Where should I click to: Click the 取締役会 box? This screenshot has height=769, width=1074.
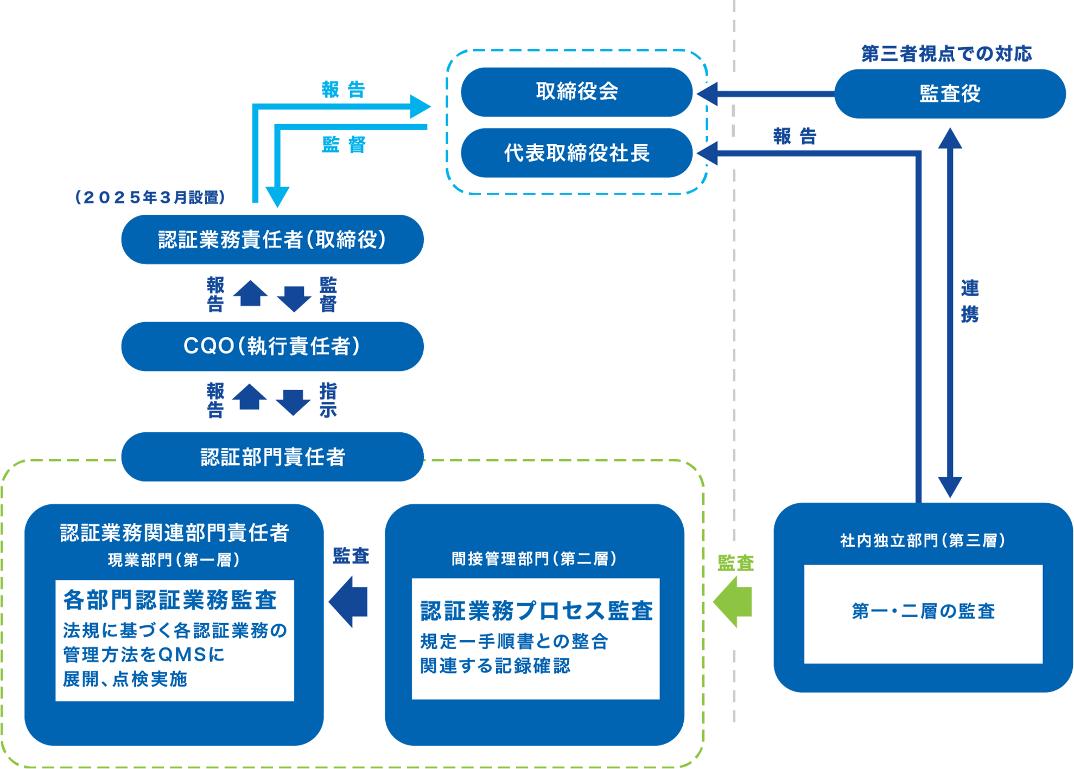coord(576,92)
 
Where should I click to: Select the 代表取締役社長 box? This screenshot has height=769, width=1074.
coord(576,153)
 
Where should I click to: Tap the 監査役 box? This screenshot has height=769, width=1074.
coord(949,94)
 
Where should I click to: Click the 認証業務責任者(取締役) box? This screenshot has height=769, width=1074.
coord(272,239)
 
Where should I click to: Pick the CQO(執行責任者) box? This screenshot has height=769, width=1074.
coord(272,346)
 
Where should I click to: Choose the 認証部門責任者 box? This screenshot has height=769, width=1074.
coord(272,457)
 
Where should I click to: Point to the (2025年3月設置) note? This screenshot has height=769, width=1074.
coord(150,197)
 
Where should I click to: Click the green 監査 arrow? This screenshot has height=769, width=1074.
coord(733,601)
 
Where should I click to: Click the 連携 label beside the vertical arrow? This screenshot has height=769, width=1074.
coord(969,302)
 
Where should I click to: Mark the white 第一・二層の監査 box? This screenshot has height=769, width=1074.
coord(923,613)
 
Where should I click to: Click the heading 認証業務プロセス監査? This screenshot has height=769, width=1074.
coord(536,611)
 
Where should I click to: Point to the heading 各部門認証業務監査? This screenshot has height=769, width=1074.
coord(170,599)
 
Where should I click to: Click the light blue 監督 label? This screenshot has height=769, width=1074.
coord(344,145)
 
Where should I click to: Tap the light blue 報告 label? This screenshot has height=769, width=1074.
coord(343,89)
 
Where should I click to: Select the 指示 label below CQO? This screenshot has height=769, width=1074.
coord(328,400)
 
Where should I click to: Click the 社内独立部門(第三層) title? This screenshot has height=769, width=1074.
coord(923,540)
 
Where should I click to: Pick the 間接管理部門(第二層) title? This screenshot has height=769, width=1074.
coord(534,559)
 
